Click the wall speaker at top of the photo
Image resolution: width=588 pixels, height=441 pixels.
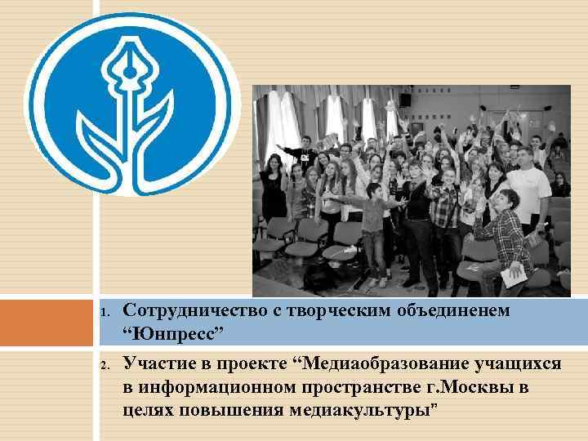point(405,100)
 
